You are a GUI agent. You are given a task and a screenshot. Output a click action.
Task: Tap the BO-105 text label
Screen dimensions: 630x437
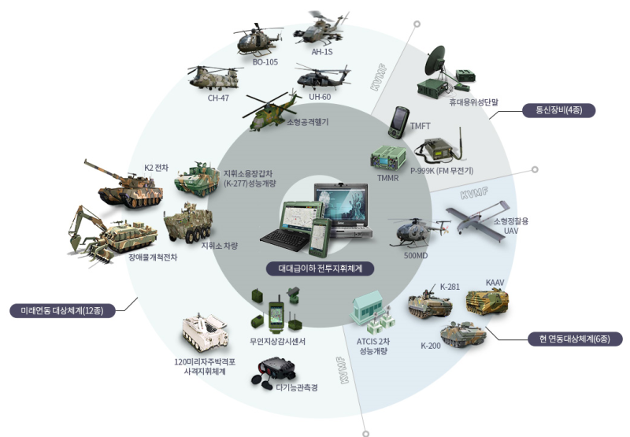[265, 62]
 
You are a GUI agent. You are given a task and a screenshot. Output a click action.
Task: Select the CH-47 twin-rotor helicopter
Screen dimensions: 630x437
[215, 77]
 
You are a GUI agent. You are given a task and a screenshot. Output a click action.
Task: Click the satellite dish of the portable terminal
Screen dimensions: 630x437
[436, 61]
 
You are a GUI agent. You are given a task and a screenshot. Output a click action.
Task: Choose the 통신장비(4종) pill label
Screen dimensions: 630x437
[558, 109]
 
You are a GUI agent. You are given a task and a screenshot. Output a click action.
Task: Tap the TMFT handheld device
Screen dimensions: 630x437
[399, 123]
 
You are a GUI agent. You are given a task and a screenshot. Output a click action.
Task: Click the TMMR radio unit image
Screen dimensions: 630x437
[387, 157]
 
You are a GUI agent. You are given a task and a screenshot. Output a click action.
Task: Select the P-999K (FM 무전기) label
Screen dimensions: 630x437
[442, 171]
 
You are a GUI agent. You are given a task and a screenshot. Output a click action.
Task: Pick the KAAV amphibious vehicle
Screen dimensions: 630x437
[487, 302]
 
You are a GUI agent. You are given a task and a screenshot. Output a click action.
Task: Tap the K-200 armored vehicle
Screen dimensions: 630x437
[463, 334]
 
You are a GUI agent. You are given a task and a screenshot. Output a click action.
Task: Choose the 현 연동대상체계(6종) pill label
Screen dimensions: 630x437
[575, 339]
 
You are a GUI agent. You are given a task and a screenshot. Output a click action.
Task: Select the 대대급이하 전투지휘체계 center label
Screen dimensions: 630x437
[321, 268]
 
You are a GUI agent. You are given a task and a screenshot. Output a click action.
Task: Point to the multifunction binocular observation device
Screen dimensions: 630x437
[273, 373]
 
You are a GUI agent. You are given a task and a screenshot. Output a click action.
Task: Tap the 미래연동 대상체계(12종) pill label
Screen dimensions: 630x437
[62, 310]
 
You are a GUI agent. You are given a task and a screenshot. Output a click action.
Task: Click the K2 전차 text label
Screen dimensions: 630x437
[156, 168]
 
